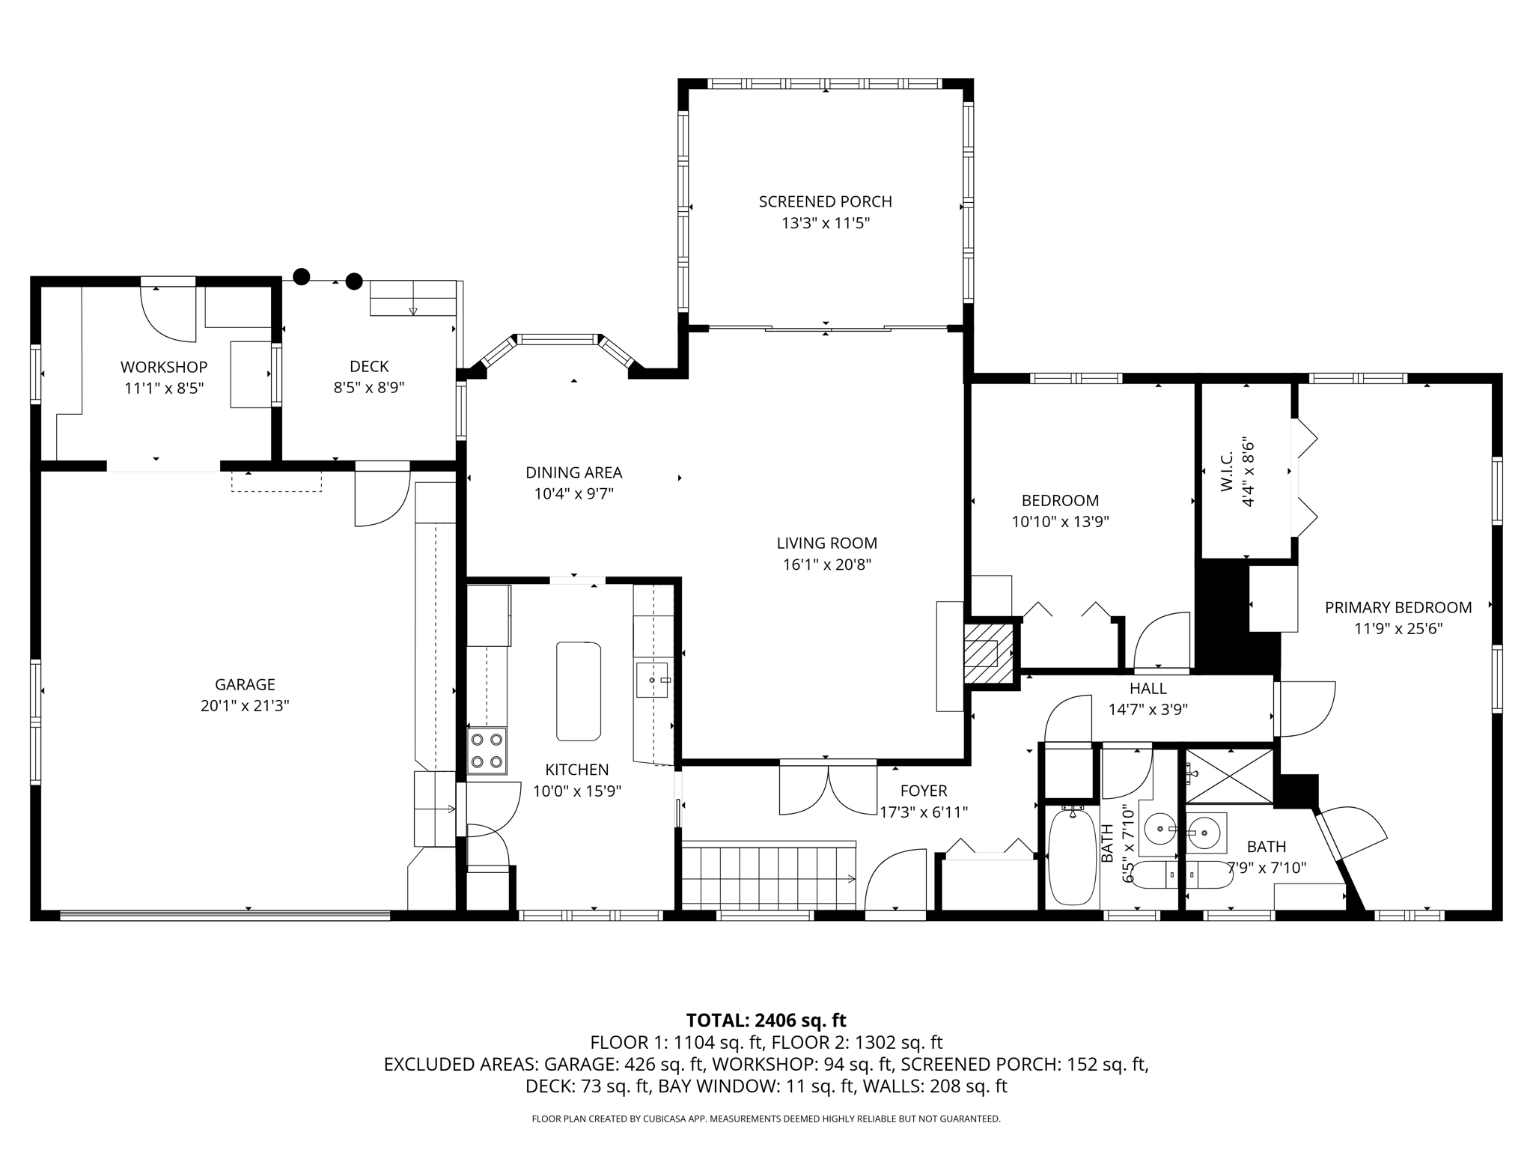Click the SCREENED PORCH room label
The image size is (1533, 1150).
[825, 201]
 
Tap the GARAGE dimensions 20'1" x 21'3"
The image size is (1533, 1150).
[245, 705]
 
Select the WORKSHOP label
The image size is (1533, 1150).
[164, 367]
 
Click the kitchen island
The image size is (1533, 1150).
[578, 691]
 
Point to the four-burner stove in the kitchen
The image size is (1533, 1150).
[487, 751]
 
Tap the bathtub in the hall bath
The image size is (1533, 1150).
[1073, 857]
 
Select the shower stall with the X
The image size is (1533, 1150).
[1229, 776]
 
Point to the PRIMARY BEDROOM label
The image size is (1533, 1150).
[1398, 607]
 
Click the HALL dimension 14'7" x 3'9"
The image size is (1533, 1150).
[1148, 709]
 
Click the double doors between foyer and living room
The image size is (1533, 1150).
[828, 788]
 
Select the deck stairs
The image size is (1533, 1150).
[413, 299]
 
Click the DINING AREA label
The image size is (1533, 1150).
[574, 472]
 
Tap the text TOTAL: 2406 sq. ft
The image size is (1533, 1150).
[766, 1020]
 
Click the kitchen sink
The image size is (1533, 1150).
[652, 680]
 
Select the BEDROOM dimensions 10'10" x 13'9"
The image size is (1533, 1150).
[1060, 522]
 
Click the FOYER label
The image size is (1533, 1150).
[924, 791]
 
